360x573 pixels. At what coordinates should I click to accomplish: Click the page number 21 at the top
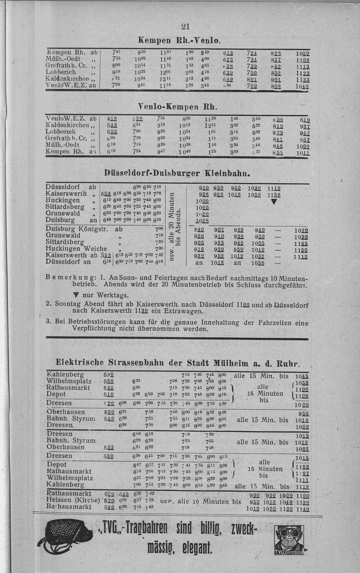tap(186, 26)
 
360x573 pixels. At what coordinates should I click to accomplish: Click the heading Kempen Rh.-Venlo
tap(180, 40)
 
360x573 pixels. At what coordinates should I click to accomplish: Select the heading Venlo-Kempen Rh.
tap(177, 107)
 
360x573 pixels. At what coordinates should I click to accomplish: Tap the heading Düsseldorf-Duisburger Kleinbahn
tap(178, 173)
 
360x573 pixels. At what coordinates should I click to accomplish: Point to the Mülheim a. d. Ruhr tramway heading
tap(178, 363)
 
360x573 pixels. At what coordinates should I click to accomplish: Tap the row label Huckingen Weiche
tap(76, 249)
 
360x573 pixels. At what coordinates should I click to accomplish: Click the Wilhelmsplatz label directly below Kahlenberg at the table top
tap(69, 381)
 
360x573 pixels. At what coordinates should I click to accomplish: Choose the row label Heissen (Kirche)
tap(73, 500)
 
